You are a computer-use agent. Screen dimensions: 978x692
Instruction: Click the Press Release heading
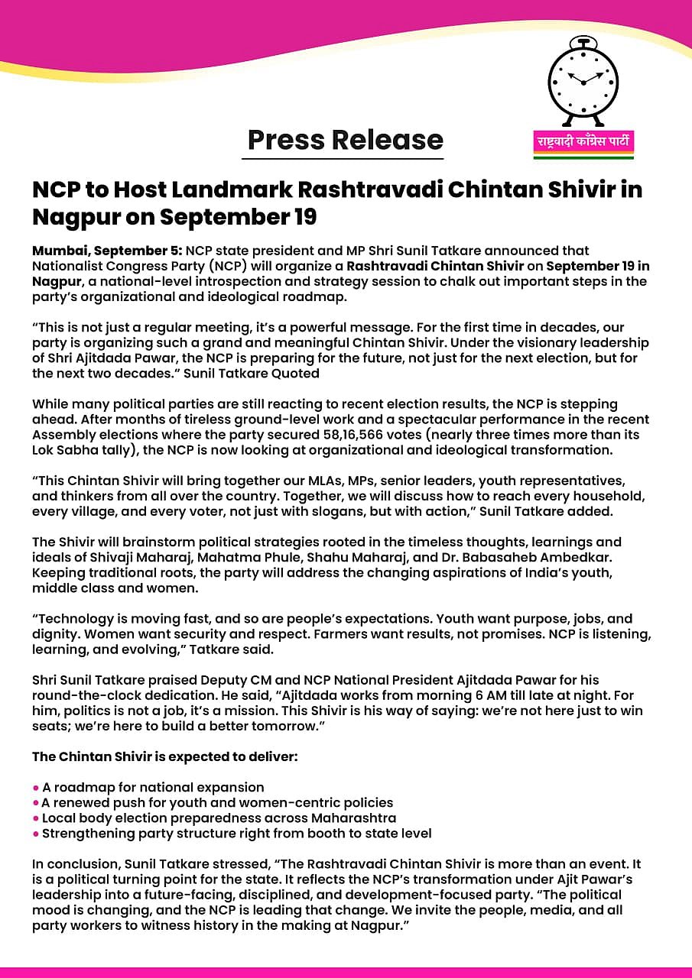(346, 140)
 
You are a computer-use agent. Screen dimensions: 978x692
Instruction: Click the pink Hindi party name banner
(583, 142)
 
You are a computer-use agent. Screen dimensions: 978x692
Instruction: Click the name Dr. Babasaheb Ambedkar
(570, 556)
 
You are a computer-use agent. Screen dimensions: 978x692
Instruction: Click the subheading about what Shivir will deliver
(164, 756)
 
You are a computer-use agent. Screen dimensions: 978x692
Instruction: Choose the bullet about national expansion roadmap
(152, 787)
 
